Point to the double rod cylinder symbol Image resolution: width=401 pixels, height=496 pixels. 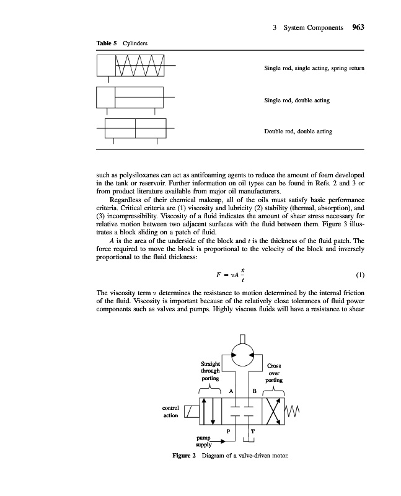[135, 130]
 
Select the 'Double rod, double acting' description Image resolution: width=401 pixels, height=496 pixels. [298, 131]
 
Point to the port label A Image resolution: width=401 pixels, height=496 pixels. [231, 392]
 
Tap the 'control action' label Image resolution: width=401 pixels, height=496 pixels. [170, 412]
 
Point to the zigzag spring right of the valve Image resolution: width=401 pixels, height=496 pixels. [291, 412]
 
